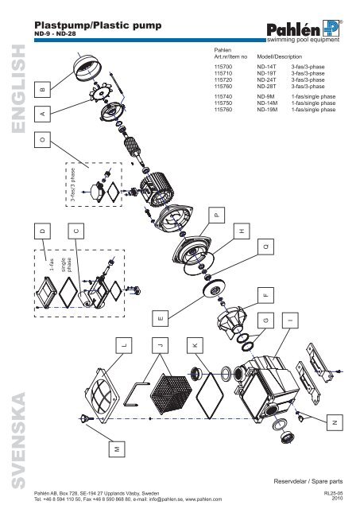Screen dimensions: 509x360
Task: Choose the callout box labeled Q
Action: point(266,247)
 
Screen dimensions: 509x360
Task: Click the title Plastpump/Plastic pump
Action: point(99,26)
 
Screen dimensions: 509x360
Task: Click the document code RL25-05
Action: point(337,492)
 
